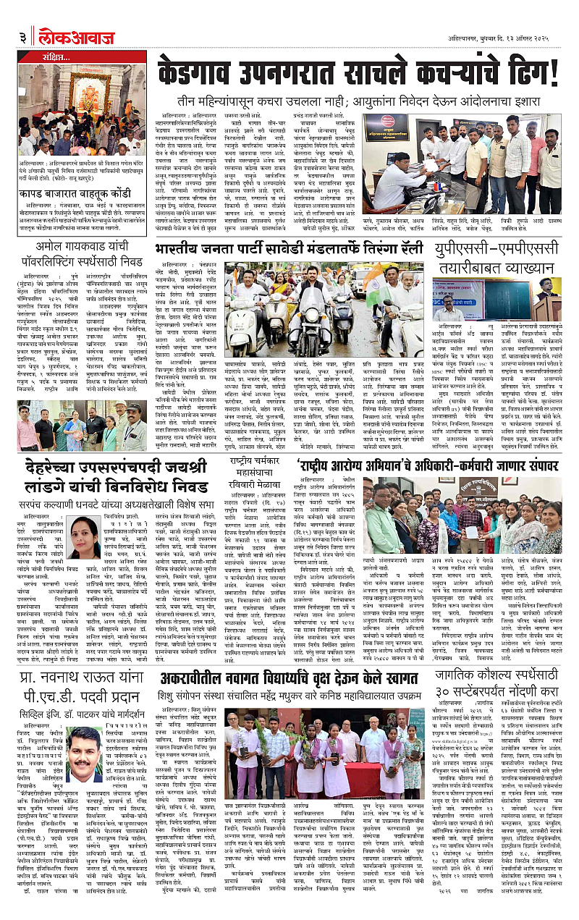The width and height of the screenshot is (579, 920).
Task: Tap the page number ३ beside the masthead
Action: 24,36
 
